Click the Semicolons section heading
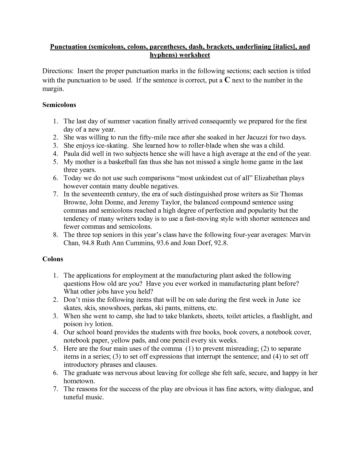(59, 105)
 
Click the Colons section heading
(53, 259)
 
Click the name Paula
(71, 154)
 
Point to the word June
(282, 300)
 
